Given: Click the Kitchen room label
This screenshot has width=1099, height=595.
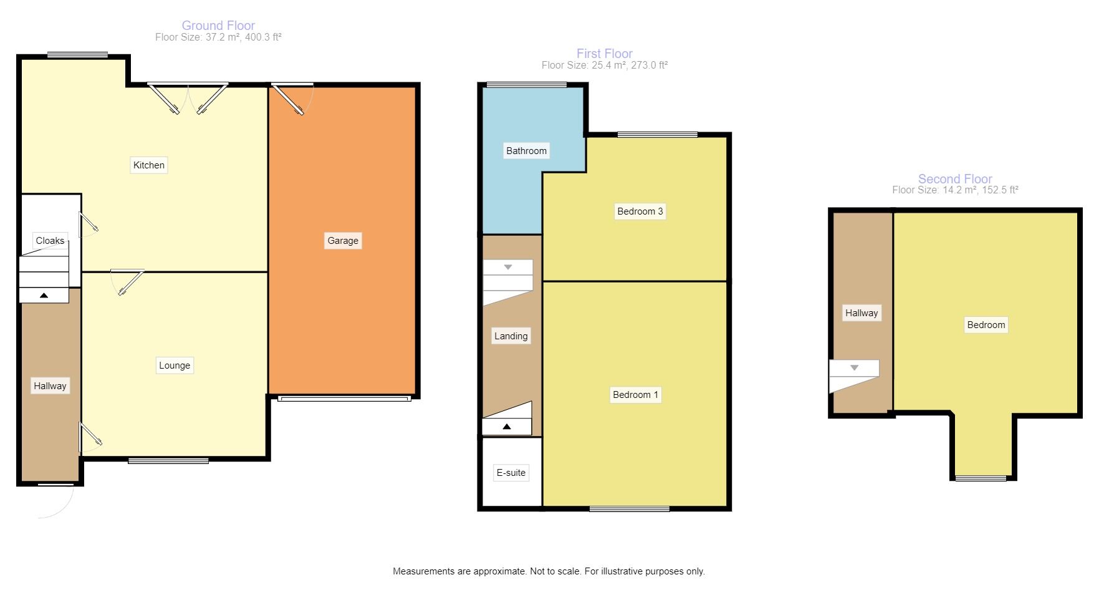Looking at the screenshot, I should click(x=149, y=165).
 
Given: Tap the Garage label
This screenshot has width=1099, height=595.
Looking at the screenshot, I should click(x=343, y=241).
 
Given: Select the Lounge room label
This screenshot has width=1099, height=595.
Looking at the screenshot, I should click(x=175, y=365).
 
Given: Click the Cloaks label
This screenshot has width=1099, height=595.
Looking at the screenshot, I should click(x=50, y=241).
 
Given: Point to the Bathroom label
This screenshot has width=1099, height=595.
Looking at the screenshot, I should click(x=526, y=151).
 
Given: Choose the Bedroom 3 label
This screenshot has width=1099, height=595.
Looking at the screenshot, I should click(x=640, y=211).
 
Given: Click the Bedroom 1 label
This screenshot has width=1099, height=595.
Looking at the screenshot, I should click(x=635, y=395).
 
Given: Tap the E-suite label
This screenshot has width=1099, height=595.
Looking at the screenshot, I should click(x=511, y=473).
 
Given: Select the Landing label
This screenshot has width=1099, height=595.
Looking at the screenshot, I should click(x=511, y=336).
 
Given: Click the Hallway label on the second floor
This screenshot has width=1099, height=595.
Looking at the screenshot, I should click(x=861, y=313).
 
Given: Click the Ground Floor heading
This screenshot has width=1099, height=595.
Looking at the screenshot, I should click(x=218, y=26).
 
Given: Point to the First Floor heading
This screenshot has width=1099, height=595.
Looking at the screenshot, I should click(x=604, y=54).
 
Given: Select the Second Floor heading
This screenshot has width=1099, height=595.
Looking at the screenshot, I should click(x=954, y=179).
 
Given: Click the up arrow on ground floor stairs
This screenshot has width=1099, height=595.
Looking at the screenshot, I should click(x=44, y=296).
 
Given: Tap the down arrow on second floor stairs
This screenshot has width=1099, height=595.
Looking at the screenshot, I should click(x=854, y=368).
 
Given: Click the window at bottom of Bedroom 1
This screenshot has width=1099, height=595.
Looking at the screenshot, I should click(x=630, y=509).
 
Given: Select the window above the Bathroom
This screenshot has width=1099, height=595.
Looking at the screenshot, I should click(x=526, y=85).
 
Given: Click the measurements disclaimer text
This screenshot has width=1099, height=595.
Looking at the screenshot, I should click(x=549, y=571).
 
